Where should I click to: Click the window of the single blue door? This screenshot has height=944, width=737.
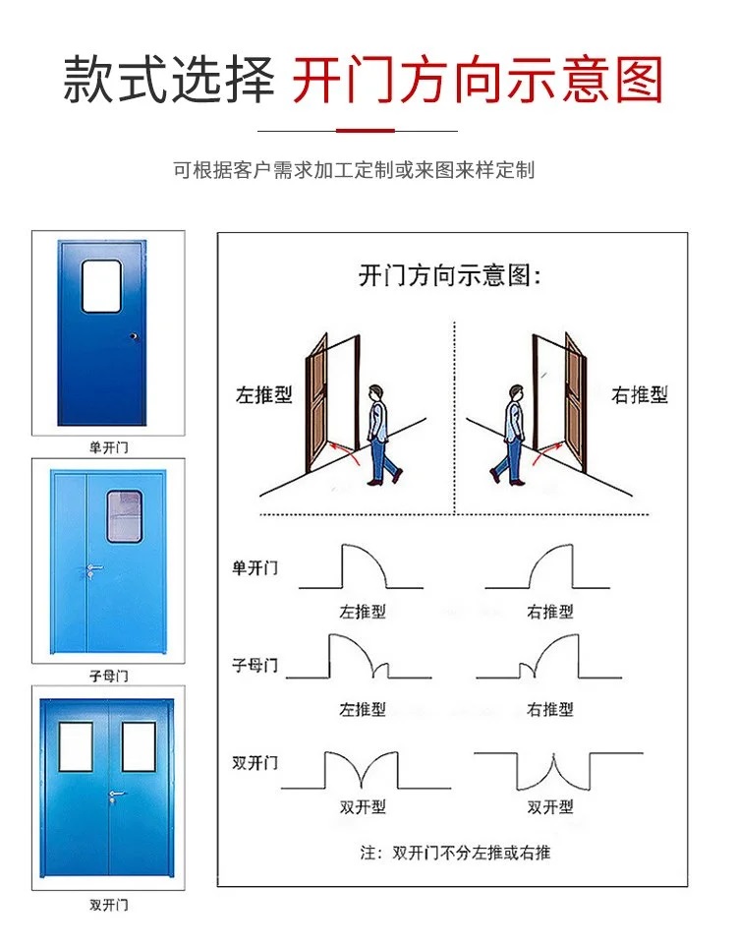tap(101, 286)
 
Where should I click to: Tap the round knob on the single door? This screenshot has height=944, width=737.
tap(135, 336)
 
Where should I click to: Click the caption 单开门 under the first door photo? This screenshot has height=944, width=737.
tap(108, 447)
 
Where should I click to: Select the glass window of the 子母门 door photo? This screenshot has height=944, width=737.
tap(125, 516)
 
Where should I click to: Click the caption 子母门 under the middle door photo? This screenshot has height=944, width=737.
tap(108, 676)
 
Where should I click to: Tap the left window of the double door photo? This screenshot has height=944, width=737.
tap(76, 746)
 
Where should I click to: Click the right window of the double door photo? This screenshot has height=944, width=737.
tap(139, 746)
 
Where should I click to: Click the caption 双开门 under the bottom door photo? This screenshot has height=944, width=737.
tap(108, 905)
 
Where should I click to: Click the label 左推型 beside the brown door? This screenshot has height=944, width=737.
tap(264, 395)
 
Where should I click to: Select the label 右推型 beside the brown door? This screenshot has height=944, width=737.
tap(640, 395)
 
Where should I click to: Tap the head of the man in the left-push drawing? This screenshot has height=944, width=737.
tap(375, 392)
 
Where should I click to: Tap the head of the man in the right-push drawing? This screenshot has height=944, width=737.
tap(516, 392)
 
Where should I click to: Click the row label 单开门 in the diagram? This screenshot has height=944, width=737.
tap(255, 567)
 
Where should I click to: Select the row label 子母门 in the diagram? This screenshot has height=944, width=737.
tap(255, 666)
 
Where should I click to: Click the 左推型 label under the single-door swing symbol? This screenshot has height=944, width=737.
tap(363, 612)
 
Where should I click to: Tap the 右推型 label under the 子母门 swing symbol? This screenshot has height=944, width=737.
tap(550, 709)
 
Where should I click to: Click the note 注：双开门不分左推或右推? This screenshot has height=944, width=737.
tap(455, 853)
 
